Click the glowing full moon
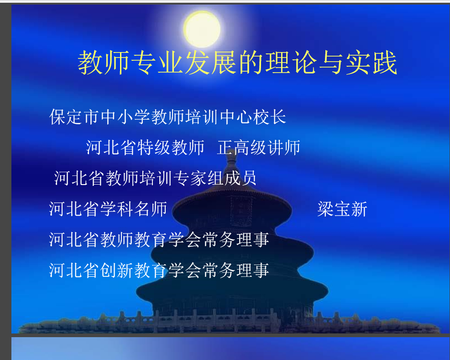pyautogui.click(x=202, y=29)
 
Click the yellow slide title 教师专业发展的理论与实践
pyautogui.click(x=237, y=63)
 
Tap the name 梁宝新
pyautogui.click(x=342, y=209)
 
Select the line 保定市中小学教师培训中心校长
pyautogui.click(x=167, y=117)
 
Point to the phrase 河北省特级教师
pyautogui.click(x=145, y=148)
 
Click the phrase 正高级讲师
pyautogui.click(x=259, y=148)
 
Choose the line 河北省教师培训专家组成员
pyautogui.click(x=155, y=178)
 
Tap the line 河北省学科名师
pyautogui.click(x=108, y=209)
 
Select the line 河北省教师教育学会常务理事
pyautogui.click(x=159, y=239)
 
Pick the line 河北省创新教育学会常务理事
pyautogui.click(x=159, y=270)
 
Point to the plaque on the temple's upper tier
pyautogui.click(x=241, y=211)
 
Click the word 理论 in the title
pyautogui.click(x=290, y=63)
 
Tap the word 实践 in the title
pyautogui.click(x=372, y=63)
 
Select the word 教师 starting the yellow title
pyautogui.click(x=103, y=63)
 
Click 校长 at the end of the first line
pyautogui.click(x=269, y=117)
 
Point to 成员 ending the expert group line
pyautogui.click(x=240, y=178)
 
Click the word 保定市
pyautogui.click(x=74, y=117)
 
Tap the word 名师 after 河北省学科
pyautogui.click(x=151, y=209)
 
